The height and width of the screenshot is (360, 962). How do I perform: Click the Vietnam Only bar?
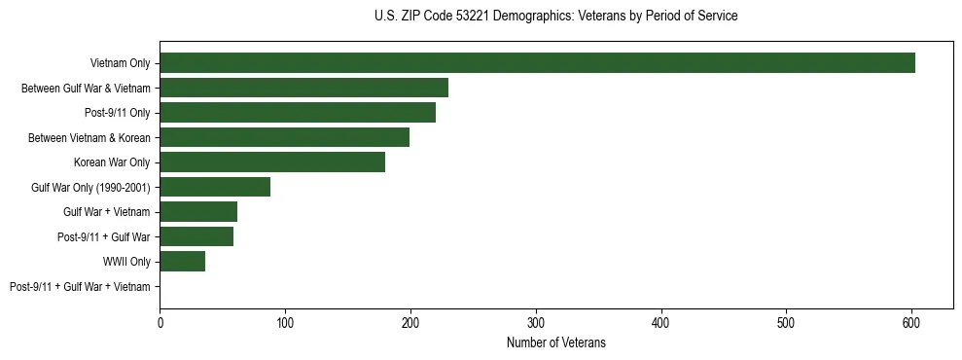coord(537,63)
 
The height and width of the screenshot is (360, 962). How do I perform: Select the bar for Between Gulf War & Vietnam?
coord(303,88)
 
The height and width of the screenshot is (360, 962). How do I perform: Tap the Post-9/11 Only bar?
coord(298,113)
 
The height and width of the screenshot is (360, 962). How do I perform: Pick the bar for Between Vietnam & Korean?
coord(284,137)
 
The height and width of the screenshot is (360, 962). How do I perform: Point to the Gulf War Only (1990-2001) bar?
coord(215,187)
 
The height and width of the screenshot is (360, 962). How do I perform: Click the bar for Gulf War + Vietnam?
coord(198,212)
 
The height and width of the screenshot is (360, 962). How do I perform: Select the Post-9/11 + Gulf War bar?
coord(196,236)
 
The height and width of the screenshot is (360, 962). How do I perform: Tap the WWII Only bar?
coord(182,262)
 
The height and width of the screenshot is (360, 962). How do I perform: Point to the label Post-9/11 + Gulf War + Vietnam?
coord(80,287)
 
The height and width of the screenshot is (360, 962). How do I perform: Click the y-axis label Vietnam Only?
coord(121,63)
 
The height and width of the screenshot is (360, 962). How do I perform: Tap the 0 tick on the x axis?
coord(160,319)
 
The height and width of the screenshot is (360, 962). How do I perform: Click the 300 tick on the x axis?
coord(536,319)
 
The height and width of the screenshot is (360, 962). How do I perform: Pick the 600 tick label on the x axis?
coord(911,319)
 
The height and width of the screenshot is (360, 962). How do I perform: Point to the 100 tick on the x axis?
coord(285,319)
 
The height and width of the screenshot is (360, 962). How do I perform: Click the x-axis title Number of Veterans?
coord(556,342)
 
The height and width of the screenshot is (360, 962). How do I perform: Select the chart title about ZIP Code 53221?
coord(555,17)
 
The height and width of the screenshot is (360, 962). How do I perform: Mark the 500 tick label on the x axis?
coord(786,319)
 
